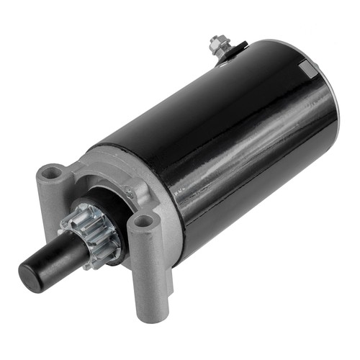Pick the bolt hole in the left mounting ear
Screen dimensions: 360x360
pyautogui.click(x=52, y=173)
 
